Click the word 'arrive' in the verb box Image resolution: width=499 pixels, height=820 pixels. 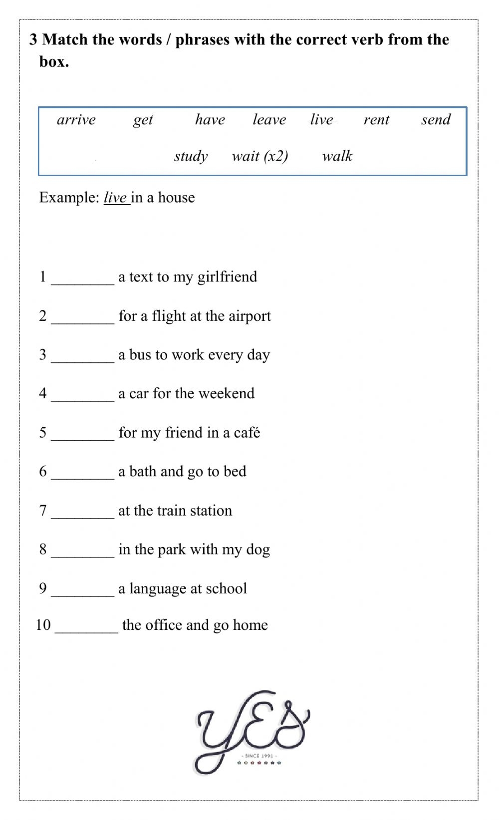coord(76,120)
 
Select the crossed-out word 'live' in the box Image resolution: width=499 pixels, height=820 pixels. coord(322,120)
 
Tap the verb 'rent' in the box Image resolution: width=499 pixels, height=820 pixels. coord(376,120)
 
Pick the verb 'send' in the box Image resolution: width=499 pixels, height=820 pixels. coord(436,120)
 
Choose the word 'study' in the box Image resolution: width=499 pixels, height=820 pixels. coord(191,157)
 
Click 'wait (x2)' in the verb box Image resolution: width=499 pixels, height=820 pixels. coord(260,156)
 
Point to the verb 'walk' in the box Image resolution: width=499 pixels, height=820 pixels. coord(337,156)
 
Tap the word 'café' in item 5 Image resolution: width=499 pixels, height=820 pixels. coord(247,433)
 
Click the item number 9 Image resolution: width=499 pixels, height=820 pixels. coord(43,588)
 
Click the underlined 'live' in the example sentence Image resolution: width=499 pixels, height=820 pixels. coord(115,198)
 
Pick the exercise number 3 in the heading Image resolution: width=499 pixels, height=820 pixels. coord(33,39)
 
